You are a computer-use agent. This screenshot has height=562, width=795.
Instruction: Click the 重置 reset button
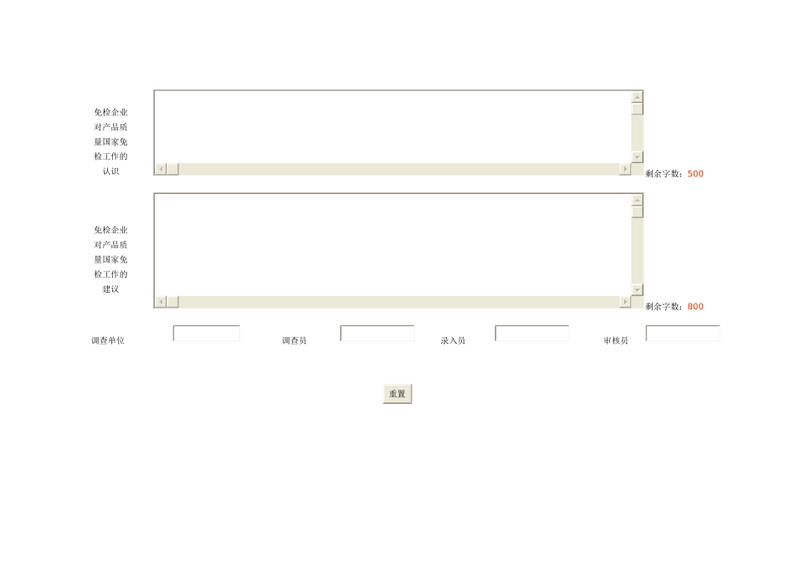click(397, 394)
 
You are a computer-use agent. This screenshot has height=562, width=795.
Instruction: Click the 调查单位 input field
click(207, 333)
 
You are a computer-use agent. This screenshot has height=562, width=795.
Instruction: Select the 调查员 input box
click(377, 333)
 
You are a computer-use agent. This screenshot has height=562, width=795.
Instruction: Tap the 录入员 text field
click(532, 333)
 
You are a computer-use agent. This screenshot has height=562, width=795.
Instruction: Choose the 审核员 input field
click(682, 333)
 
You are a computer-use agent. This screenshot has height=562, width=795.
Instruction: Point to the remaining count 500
click(695, 174)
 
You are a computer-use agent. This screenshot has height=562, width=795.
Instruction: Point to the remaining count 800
click(695, 307)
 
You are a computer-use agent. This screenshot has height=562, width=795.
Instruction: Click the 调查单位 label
click(108, 340)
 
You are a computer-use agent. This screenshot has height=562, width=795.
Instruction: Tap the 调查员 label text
click(294, 340)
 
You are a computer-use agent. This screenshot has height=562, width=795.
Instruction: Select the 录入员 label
click(453, 340)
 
